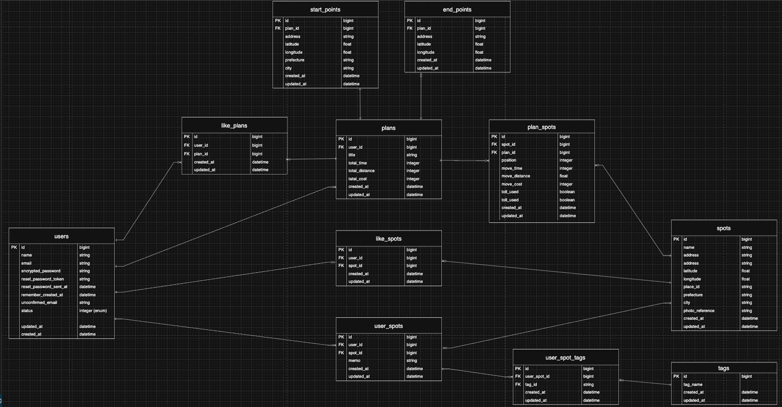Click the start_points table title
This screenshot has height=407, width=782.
click(325, 10)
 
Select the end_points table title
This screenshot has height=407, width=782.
click(457, 10)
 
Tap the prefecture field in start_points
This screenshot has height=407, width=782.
click(295, 60)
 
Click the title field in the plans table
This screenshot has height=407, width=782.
click(352, 155)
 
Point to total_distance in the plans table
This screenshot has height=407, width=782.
click(361, 171)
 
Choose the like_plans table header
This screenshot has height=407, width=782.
click(234, 126)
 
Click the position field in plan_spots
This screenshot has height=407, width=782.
click(509, 160)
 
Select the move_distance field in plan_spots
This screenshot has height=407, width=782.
click(515, 176)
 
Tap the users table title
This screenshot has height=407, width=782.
click(61, 236)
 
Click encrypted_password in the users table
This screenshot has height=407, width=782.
click(41, 271)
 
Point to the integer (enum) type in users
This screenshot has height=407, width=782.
click(93, 311)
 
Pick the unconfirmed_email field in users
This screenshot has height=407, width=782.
click(39, 302)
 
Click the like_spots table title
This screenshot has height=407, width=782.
click(389, 239)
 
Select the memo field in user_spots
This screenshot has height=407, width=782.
click(354, 360)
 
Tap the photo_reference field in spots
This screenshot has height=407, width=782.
click(699, 311)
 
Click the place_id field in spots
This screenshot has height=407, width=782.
click(691, 287)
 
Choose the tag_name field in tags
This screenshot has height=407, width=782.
click(693, 384)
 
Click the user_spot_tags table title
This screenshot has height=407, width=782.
click(565, 358)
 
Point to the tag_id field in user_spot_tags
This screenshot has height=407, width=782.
click(531, 384)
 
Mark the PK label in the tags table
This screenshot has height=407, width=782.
click(676, 376)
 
